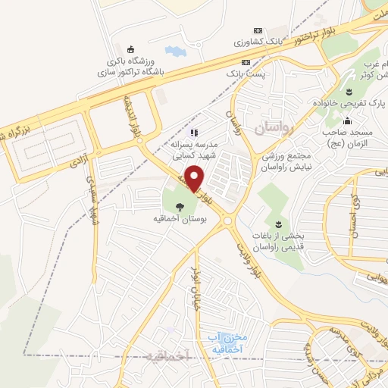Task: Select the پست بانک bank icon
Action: (x=245, y=62)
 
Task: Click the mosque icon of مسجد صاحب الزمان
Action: (x=348, y=120)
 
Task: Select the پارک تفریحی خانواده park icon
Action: (x=349, y=92)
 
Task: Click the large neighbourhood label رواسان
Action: (x=272, y=130)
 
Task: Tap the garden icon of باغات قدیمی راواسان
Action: (x=278, y=224)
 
